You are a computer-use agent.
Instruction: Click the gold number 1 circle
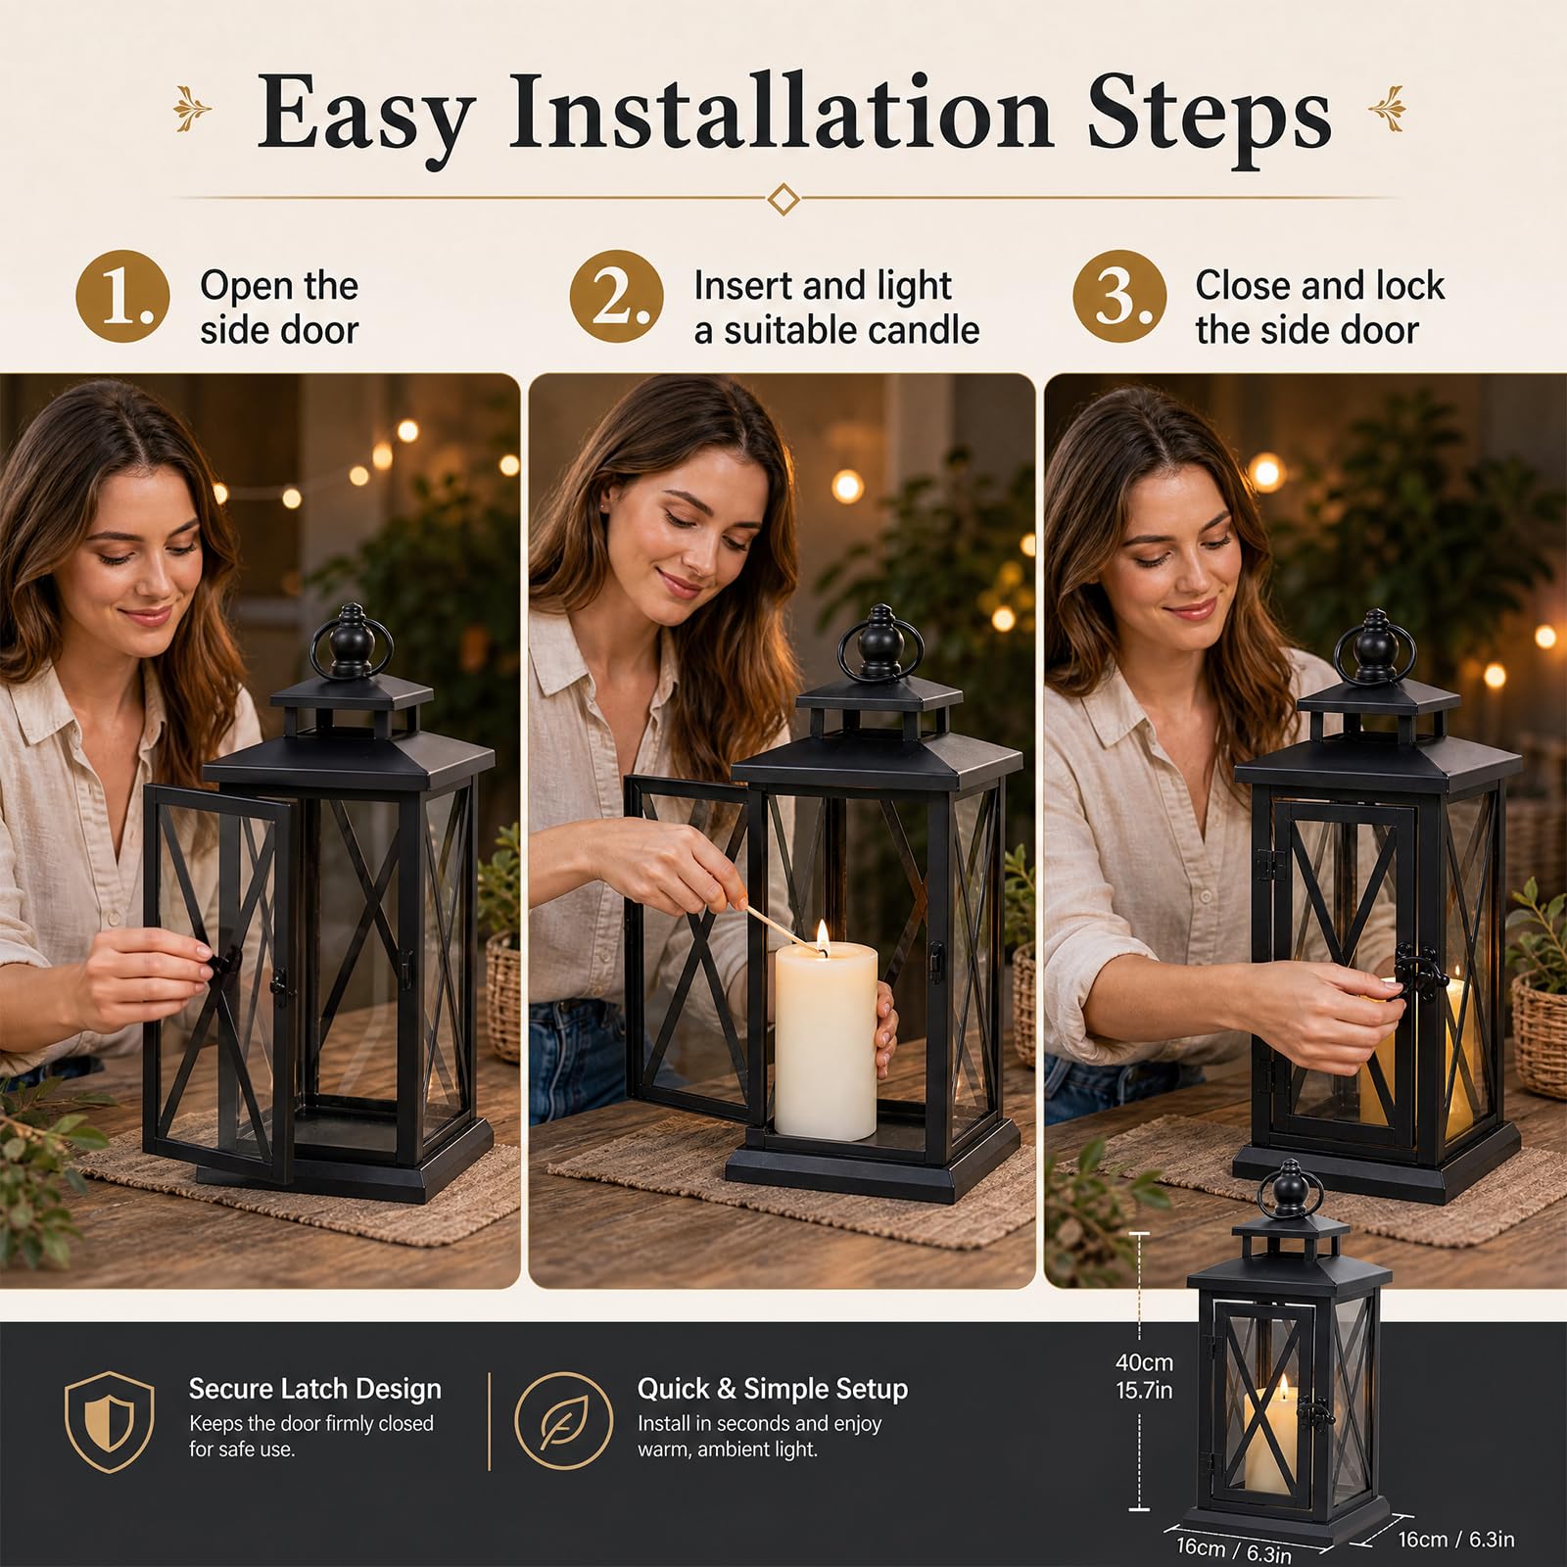click(122, 297)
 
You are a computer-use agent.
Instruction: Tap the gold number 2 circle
click(617, 297)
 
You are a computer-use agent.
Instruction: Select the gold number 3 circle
click(1119, 297)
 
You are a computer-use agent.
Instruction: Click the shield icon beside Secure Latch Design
click(109, 1422)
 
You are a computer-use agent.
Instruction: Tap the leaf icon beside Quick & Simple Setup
click(564, 1421)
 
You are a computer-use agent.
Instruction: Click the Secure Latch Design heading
click(314, 1389)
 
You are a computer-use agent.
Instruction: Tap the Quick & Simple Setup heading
click(773, 1389)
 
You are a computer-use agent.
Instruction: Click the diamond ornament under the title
click(783, 199)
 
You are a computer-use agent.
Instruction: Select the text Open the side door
click(279, 308)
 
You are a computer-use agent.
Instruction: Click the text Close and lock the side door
click(1319, 308)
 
